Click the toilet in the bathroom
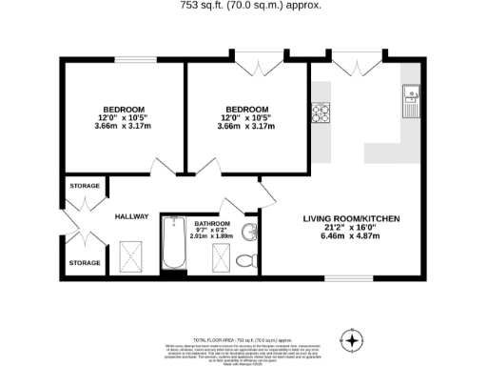click(245, 259)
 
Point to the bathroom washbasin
click(248, 232)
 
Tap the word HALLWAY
click(132, 216)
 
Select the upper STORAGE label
click(84, 186)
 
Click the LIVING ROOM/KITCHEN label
click(351, 219)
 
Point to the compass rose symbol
click(352, 339)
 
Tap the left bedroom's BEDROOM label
click(123, 109)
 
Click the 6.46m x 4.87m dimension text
click(351, 237)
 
